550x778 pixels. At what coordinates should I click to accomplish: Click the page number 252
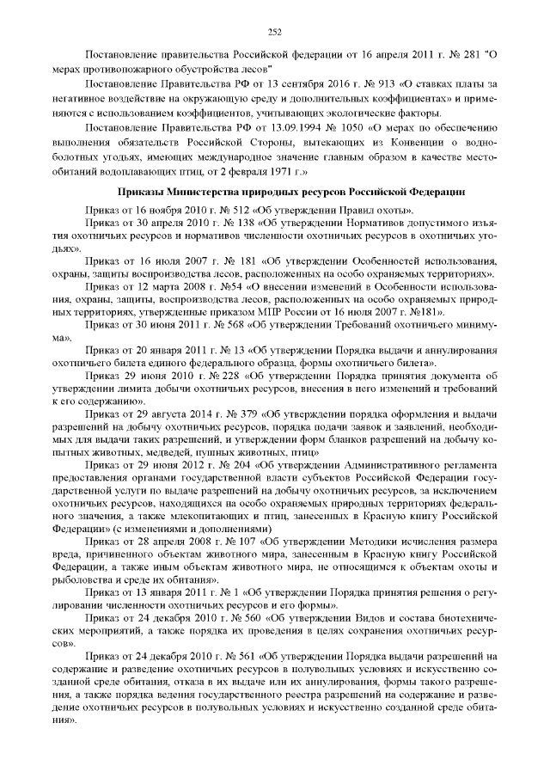275,33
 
